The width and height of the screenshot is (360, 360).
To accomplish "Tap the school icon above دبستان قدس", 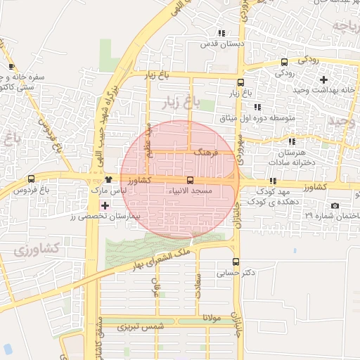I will [x=222, y=33].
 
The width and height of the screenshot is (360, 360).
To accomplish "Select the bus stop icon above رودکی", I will [x=284, y=62].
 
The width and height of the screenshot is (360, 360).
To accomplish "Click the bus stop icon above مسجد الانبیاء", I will [x=189, y=180].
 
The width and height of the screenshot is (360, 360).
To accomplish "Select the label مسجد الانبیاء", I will [x=187, y=191].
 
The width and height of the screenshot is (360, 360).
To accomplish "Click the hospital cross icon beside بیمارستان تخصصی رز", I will [x=105, y=205].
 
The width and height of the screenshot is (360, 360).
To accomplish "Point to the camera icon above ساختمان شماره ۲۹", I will [x=334, y=205].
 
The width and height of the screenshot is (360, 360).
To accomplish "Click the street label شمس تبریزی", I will [x=141, y=327].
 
